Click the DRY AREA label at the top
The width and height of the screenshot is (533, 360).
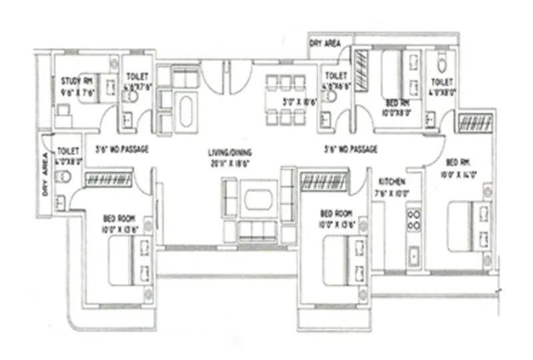coord(325,43)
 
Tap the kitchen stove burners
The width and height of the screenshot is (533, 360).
coord(414,220)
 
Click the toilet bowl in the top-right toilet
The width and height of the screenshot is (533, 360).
coord(441,63)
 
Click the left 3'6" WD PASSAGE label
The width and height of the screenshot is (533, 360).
coord(122,149)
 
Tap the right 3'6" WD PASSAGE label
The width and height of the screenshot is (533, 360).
coord(350,149)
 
